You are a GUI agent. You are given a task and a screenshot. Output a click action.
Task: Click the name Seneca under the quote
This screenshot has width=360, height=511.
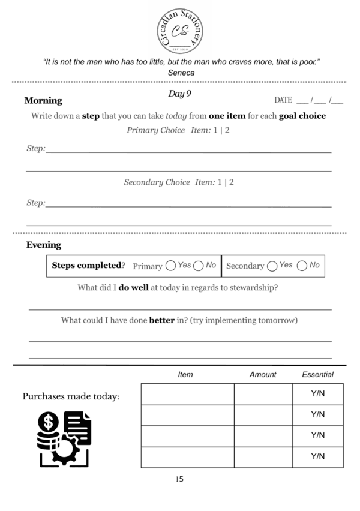(x=181, y=73)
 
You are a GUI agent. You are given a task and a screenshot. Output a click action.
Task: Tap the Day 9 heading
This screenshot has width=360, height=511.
(x=180, y=94)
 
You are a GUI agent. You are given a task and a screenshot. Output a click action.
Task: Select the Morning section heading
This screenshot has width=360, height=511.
(x=43, y=101)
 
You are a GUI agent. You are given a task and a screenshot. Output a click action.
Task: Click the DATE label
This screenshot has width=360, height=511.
(x=283, y=100)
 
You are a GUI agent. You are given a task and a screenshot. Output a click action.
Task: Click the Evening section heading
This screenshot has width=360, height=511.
(x=43, y=245)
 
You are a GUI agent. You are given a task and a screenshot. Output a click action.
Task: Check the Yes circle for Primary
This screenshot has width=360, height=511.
(x=170, y=266)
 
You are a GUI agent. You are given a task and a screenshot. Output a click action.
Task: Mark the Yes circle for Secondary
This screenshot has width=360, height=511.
(x=272, y=266)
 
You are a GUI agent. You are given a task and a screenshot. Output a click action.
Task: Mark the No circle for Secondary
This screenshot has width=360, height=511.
(x=302, y=266)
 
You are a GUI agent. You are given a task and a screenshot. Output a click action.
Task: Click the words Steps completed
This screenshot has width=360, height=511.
(x=86, y=265)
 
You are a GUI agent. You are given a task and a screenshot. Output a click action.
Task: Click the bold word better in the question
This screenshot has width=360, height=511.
(x=161, y=320)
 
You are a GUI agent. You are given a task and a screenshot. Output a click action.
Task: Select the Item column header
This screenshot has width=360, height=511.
(x=185, y=374)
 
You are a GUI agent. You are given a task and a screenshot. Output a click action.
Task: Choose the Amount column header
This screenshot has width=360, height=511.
(x=263, y=374)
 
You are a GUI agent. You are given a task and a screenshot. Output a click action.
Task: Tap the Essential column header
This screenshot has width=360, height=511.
(x=317, y=374)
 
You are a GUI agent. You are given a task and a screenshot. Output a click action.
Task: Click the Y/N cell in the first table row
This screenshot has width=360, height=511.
(x=317, y=394)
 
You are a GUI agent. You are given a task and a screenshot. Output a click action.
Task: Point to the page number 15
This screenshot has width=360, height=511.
(x=180, y=479)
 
